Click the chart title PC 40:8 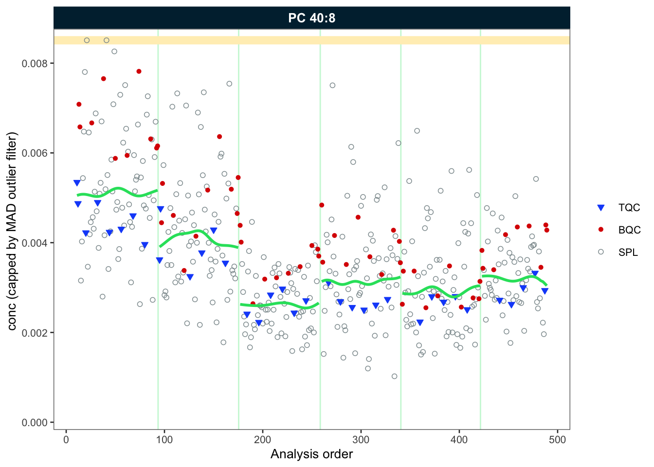[311, 18]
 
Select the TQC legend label [629, 208]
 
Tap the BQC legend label [629, 230]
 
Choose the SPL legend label [628, 252]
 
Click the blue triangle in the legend [600, 208]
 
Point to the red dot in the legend [600, 230]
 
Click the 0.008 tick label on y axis [37, 63]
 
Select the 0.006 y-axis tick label [37, 153]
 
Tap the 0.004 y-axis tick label [37, 243]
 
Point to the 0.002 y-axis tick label [37, 332]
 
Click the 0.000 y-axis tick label [37, 422]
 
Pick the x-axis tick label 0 [66, 440]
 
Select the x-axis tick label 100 [164, 440]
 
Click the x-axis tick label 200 [263, 440]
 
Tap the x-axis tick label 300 [361, 440]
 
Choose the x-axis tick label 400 [459, 440]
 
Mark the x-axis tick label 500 [557, 440]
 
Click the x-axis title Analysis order [311, 454]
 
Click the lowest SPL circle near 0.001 [394, 376]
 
